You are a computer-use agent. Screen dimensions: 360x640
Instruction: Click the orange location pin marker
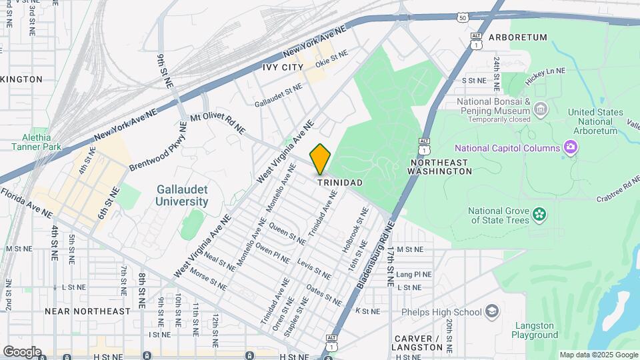point(321,159)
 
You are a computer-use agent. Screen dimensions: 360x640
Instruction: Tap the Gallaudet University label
point(183,195)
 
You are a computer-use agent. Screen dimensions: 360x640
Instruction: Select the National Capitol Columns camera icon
point(570,147)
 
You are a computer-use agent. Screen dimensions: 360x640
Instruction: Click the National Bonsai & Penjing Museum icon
point(541,108)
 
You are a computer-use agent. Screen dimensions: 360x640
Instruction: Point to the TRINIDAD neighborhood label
point(339,183)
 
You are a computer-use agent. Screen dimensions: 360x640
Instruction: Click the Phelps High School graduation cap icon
point(491,311)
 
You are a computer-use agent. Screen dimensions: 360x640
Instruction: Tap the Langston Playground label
point(535,330)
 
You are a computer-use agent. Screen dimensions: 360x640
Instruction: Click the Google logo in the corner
point(22,351)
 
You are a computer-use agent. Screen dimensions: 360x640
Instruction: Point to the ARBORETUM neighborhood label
point(517,37)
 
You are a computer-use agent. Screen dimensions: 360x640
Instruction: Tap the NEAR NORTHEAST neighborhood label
point(87,311)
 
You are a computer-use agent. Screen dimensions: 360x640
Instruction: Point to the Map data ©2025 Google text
point(598,355)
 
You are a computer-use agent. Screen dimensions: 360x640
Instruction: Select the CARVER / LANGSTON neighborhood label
point(417,343)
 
